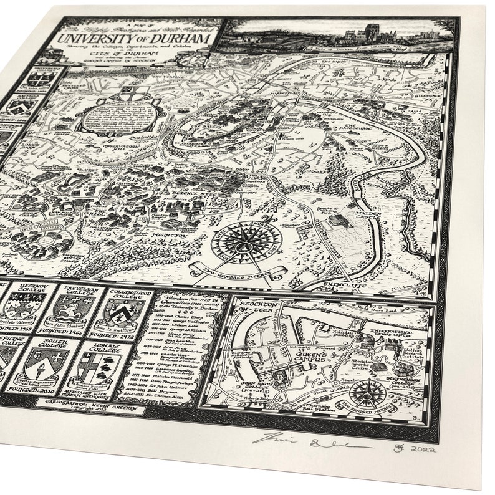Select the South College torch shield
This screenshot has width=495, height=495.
click(x=49, y=365)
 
